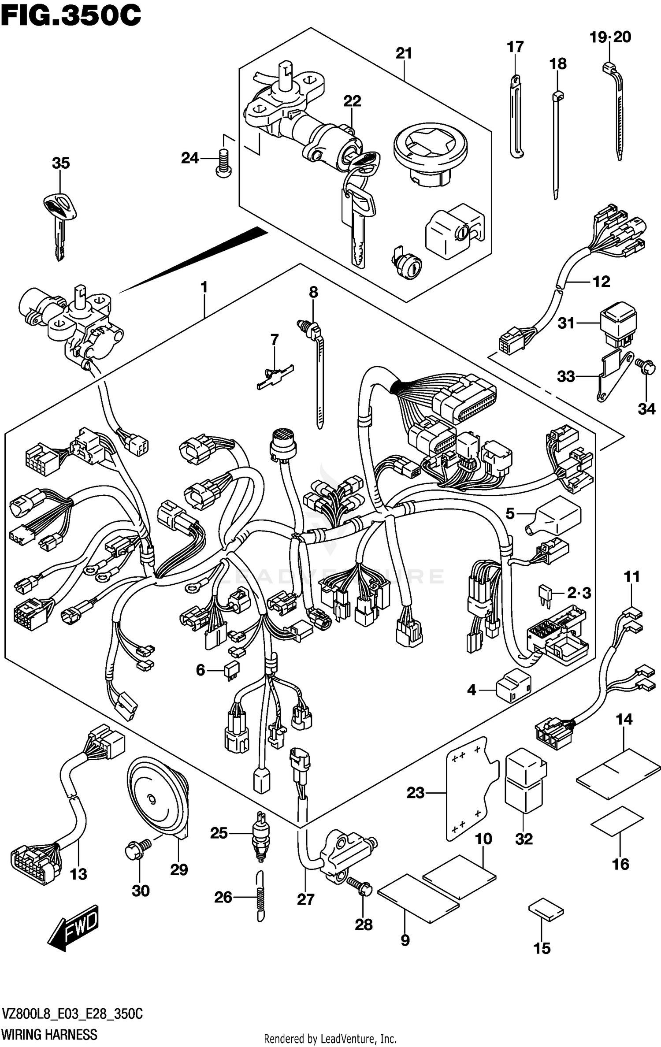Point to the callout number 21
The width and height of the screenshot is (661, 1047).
[x=404, y=53]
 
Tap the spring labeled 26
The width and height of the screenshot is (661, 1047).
[x=261, y=896]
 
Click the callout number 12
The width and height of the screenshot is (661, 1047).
[x=602, y=282]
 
